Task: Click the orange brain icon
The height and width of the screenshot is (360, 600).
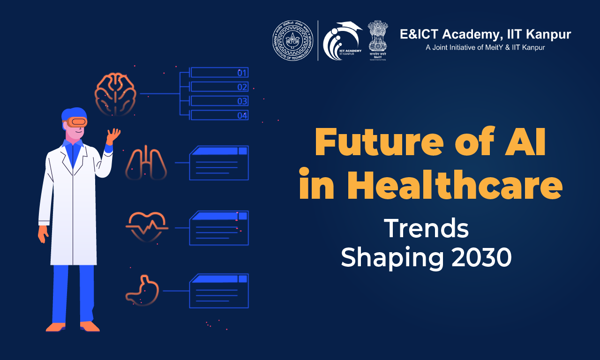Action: pos(115,93)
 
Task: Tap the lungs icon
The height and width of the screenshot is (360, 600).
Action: pos(146,164)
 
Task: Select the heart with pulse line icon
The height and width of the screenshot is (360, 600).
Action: pos(147,225)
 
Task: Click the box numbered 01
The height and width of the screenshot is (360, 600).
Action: pos(219,73)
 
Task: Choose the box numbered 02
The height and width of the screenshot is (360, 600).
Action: pos(219,87)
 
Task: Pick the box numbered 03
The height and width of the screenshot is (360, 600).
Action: pos(219,101)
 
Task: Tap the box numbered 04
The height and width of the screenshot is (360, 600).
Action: pos(219,115)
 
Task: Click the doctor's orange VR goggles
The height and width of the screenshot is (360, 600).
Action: pos(77,122)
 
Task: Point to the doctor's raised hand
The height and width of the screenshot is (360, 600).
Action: pos(113,137)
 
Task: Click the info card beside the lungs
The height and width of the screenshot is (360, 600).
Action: pos(218,163)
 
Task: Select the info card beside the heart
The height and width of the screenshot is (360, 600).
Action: pos(218,228)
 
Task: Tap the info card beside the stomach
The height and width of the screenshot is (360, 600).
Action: pos(218,291)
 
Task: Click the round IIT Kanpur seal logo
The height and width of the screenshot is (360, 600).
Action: pos(293,40)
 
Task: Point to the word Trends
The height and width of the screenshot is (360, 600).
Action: pos(427,228)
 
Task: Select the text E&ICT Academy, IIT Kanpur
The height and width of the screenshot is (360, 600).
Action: pos(485,34)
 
